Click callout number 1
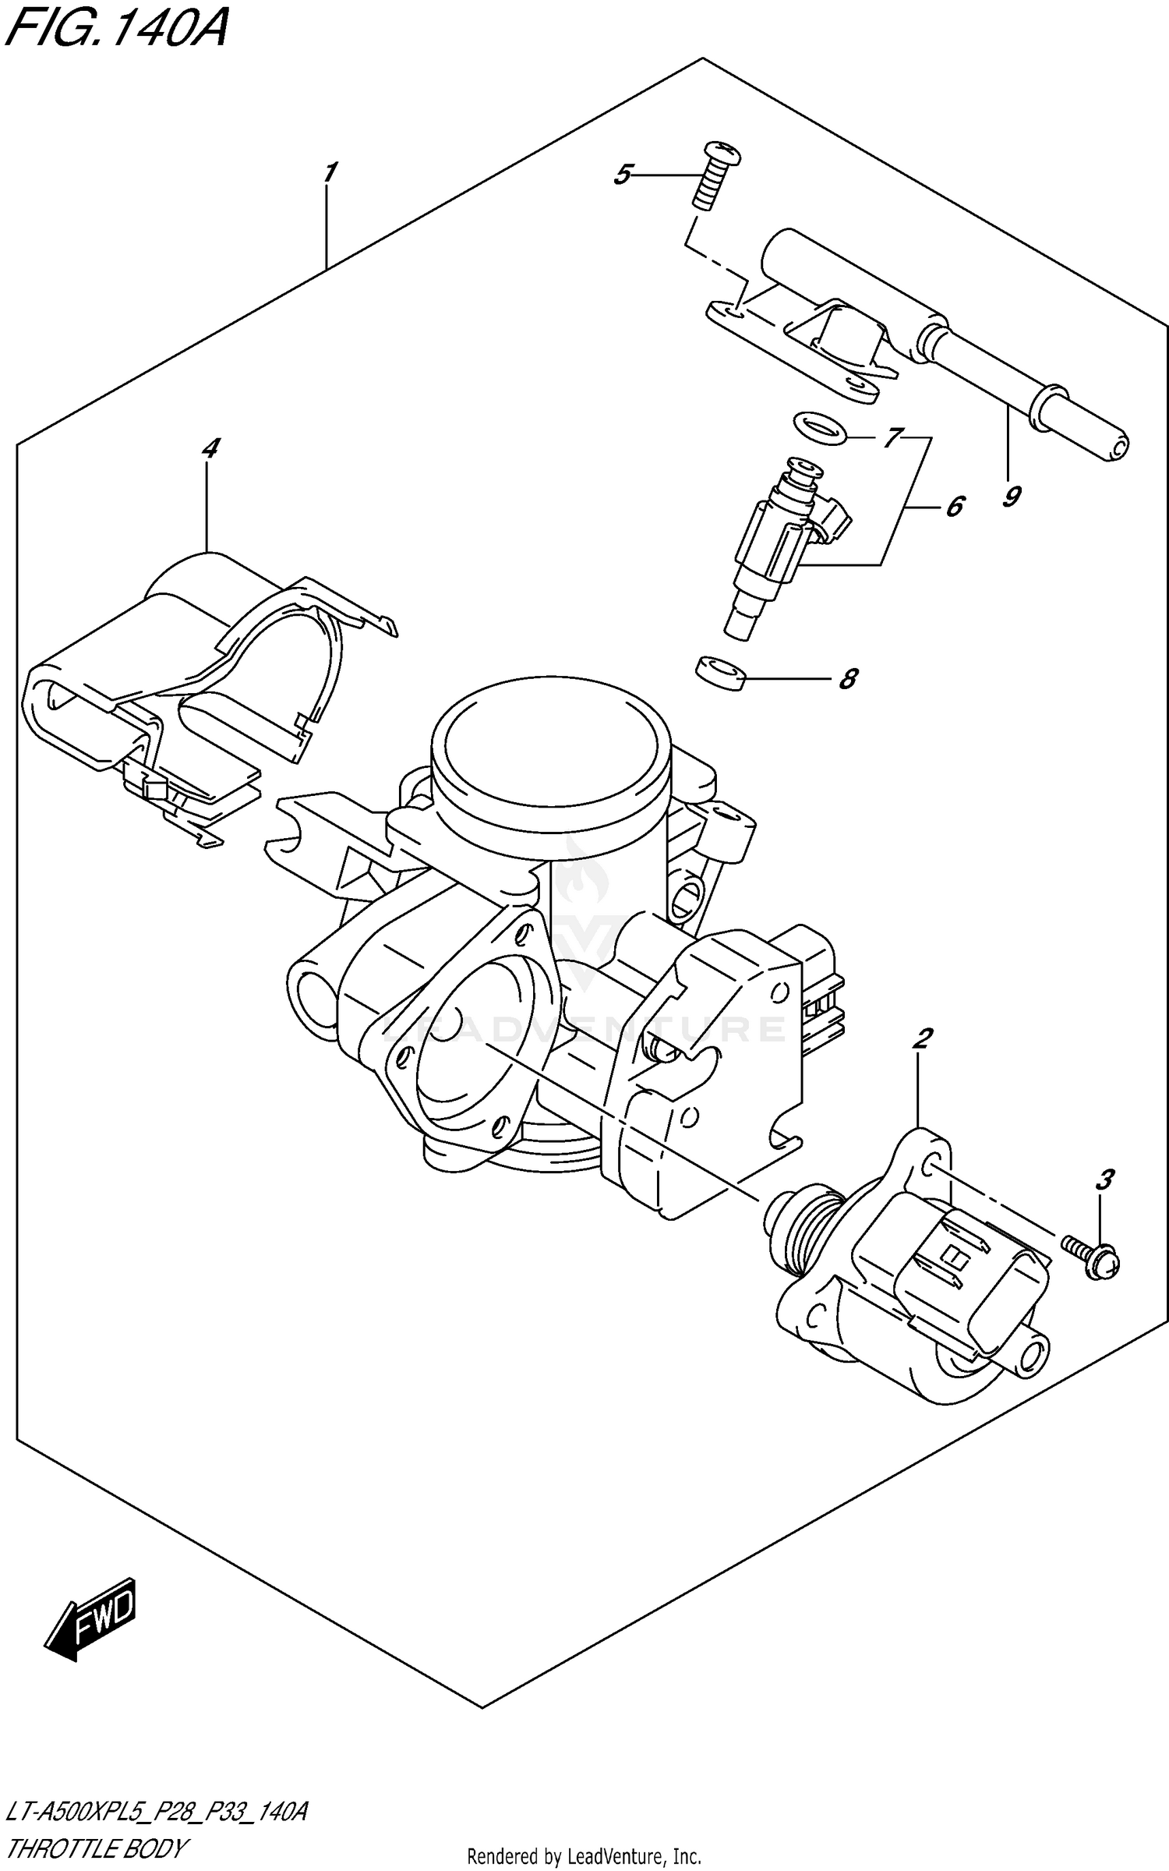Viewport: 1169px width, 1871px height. [x=330, y=172]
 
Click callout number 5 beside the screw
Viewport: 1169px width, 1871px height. [x=621, y=175]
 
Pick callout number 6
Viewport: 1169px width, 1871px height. [x=954, y=507]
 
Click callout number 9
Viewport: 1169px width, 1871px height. [x=1011, y=496]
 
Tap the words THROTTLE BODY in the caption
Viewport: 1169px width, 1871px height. [x=97, y=1847]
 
